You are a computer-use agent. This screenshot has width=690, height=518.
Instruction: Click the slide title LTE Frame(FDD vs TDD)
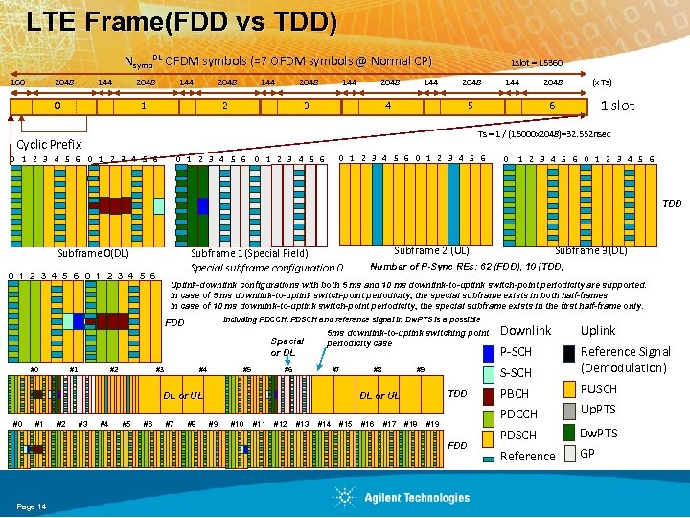click(x=182, y=22)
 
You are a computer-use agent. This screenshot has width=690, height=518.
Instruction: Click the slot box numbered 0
click(x=58, y=106)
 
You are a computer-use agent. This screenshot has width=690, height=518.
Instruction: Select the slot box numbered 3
click(x=306, y=106)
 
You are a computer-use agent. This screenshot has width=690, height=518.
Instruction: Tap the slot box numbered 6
click(x=552, y=106)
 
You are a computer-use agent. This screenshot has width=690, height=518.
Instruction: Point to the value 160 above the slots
click(x=17, y=82)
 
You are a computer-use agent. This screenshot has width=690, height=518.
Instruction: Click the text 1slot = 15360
click(x=537, y=62)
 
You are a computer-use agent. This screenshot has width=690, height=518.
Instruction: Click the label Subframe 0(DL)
click(x=94, y=253)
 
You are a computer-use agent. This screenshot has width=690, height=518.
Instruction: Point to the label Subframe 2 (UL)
click(x=431, y=250)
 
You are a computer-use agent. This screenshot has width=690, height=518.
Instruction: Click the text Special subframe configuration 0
click(x=267, y=267)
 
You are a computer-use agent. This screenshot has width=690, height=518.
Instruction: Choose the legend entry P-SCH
click(x=517, y=352)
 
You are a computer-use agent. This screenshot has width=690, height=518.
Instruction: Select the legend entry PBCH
click(x=515, y=394)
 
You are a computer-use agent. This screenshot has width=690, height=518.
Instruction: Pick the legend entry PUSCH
click(x=599, y=389)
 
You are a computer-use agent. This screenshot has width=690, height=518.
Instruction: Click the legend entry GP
click(x=588, y=453)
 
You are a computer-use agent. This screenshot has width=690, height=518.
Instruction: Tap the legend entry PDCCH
click(x=518, y=414)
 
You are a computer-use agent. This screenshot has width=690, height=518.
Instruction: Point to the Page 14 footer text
click(x=31, y=506)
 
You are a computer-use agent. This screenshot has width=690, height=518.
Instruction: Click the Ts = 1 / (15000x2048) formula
click(x=544, y=133)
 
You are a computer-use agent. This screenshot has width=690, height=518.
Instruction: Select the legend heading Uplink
click(x=598, y=330)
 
